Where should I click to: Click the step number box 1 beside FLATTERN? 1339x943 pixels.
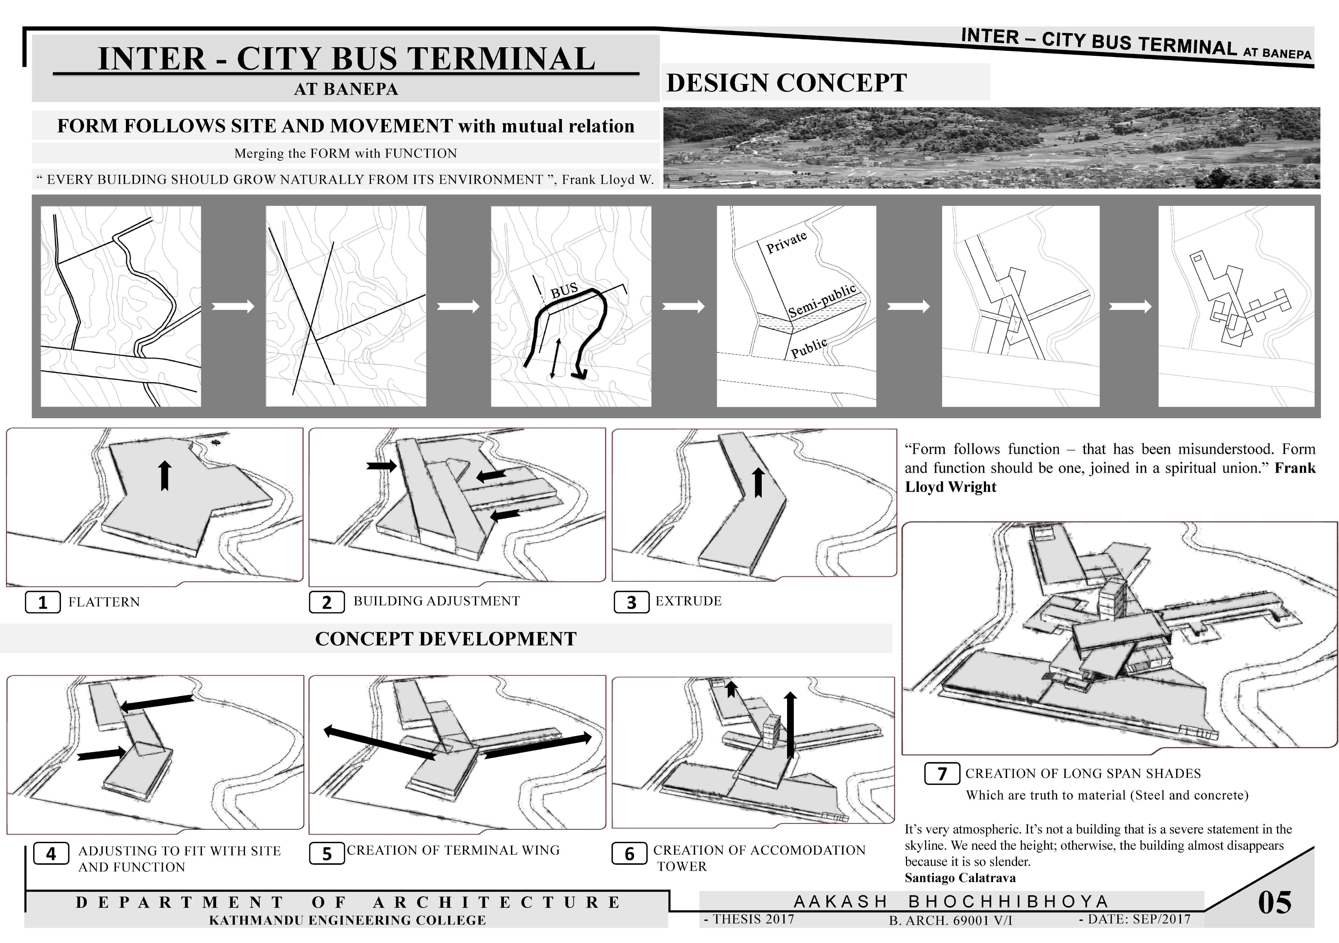(43, 602)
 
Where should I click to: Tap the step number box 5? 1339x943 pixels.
(327, 854)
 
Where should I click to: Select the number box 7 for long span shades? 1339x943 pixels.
(942, 774)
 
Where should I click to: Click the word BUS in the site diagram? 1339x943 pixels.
(564, 290)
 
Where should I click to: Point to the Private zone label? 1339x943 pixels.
(786, 241)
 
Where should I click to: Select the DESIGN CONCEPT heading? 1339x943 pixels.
(786, 83)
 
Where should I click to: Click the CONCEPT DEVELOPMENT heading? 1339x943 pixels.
(445, 638)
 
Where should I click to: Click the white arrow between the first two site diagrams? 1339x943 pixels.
(233, 306)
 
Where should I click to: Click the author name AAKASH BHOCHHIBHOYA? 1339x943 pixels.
(951, 901)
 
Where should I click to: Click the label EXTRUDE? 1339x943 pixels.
(688, 601)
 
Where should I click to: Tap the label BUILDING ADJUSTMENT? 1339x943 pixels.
(436, 601)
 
